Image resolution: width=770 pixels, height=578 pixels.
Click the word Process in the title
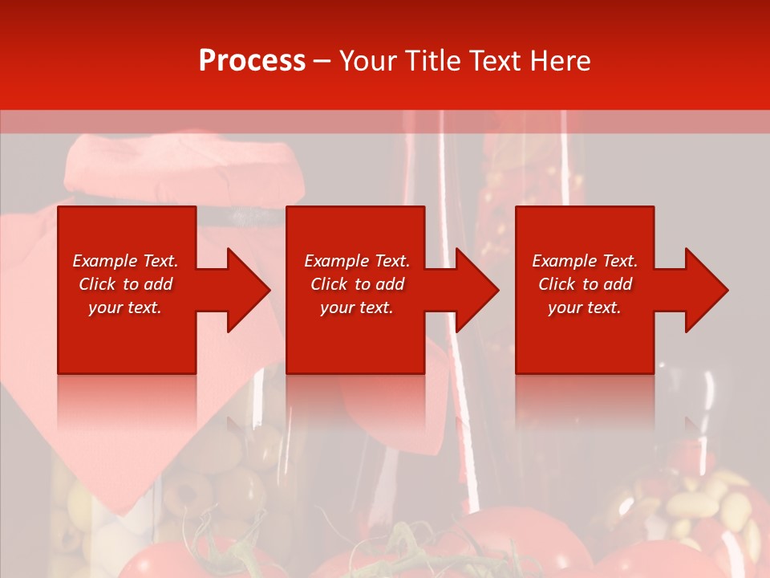click(x=252, y=61)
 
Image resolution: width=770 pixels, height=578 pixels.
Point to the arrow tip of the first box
click(x=267, y=290)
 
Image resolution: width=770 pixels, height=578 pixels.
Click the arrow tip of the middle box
click(x=496, y=290)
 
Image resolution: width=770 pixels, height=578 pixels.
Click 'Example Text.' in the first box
click(x=125, y=261)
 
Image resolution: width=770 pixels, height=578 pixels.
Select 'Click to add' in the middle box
click(x=357, y=284)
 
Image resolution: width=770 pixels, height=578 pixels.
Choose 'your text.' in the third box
click(x=585, y=307)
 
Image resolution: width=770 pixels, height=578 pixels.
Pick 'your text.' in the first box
click(x=125, y=307)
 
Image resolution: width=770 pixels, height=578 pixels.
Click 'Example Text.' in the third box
click(x=585, y=261)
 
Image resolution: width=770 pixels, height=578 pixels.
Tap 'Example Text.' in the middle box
click(x=357, y=261)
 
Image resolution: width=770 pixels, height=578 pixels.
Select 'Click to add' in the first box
click(x=125, y=284)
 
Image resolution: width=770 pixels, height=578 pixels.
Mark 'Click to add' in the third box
click(x=585, y=284)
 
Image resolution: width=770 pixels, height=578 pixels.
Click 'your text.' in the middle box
click(x=357, y=307)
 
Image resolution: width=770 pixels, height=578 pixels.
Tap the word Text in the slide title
click(x=493, y=61)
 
